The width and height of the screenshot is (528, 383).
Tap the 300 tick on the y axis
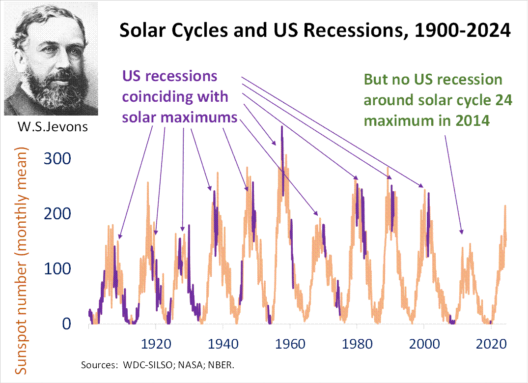click(x=58, y=158)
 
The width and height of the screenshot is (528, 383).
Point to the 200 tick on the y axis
click(x=58, y=214)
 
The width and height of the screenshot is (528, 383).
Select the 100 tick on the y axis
click(x=58, y=269)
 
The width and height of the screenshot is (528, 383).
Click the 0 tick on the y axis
click(x=67, y=324)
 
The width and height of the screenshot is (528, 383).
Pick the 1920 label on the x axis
click(x=156, y=344)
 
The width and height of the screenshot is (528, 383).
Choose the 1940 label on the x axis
click(x=223, y=344)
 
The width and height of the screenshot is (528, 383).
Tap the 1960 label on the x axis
click(x=290, y=344)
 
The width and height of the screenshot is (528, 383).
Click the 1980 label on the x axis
click(x=357, y=344)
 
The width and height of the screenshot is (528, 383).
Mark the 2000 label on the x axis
click(x=424, y=344)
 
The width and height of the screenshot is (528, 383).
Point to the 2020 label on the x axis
click(x=491, y=344)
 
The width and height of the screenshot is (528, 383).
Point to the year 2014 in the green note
click(x=474, y=120)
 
